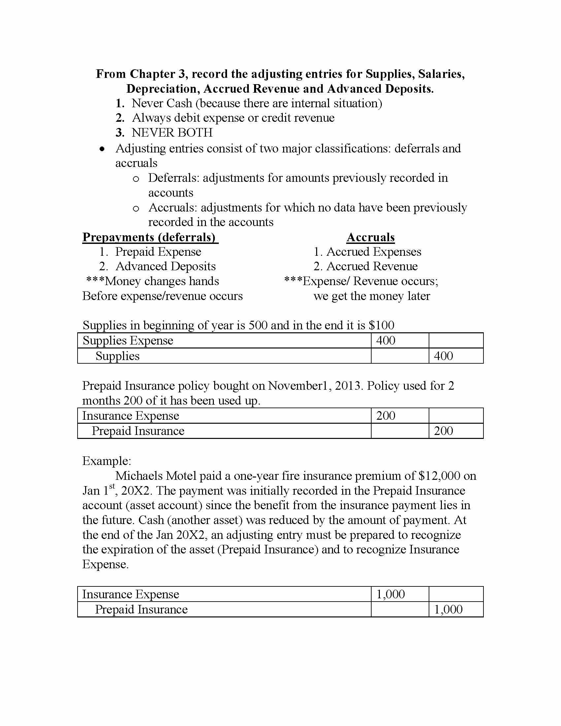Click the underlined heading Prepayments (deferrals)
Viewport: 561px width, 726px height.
click(150, 237)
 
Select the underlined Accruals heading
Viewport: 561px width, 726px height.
click(370, 237)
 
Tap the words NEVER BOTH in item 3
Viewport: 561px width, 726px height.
click(172, 133)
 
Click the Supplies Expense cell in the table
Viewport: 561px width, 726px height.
click(128, 341)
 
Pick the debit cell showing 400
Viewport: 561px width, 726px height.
click(385, 341)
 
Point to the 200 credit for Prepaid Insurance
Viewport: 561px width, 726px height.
click(443, 431)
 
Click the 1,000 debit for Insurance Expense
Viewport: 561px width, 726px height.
click(390, 594)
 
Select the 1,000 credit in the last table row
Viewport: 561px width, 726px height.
click(448, 610)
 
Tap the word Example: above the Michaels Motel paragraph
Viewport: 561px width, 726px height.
click(107, 461)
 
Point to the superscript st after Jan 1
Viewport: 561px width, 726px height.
click(112, 487)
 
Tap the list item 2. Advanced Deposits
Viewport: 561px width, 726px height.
click(157, 267)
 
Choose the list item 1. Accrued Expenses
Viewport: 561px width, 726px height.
click(367, 252)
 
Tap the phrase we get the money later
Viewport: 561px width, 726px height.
click(372, 296)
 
